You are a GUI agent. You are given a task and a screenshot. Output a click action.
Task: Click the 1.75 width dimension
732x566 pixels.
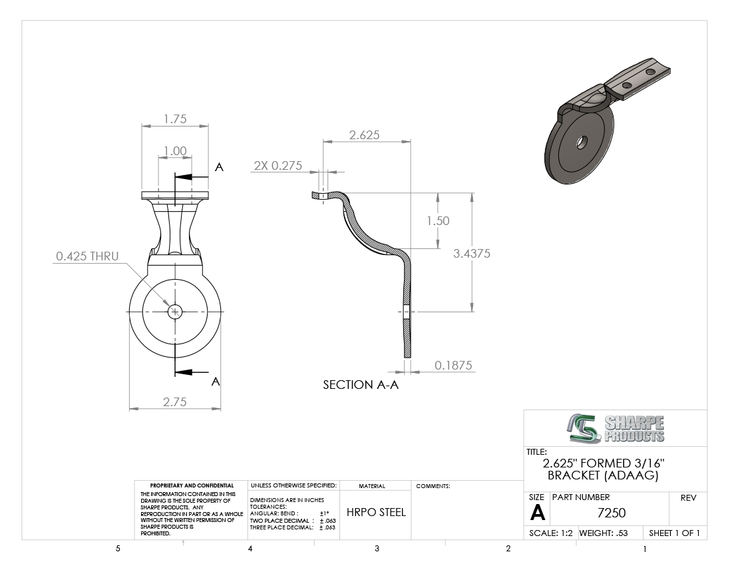pyautogui.click(x=175, y=119)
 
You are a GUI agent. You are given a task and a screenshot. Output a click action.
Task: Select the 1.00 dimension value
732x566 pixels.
pyautogui.click(x=175, y=151)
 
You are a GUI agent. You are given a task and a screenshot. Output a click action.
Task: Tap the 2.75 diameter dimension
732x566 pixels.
pyautogui.click(x=175, y=402)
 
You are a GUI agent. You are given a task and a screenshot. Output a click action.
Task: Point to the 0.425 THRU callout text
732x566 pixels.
pyautogui.click(x=87, y=256)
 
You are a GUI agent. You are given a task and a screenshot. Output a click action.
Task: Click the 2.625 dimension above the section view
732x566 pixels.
pyautogui.click(x=365, y=135)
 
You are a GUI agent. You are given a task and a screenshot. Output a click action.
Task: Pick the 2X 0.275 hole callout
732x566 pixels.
pyautogui.click(x=277, y=166)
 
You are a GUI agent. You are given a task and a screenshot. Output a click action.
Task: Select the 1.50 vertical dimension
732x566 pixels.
pyautogui.click(x=438, y=221)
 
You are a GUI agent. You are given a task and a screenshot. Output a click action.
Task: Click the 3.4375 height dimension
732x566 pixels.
pyautogui.click(x=472, y=254)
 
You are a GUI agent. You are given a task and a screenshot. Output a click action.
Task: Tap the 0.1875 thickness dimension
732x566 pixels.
pyautogui.click(x=453, y=365)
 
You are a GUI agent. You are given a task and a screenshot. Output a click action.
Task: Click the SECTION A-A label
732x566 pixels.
pyautogui.click(x=361, y=385)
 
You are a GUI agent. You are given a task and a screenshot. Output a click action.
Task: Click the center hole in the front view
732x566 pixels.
pyautogui.click(x=175, y=312)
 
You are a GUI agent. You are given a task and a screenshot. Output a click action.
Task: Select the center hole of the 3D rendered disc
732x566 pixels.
pyautogui.click(x=582, y=142)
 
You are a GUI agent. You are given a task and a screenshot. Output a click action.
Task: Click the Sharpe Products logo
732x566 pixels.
pyautogui.click(x=616, y=428)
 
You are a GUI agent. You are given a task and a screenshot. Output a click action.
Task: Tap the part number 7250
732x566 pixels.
pyautogui.click(x=612, y=513)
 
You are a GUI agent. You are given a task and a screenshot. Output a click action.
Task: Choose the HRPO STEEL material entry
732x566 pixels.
pyautogui.click(x=376, y=512)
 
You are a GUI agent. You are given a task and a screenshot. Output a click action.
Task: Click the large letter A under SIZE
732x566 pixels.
pyautogui.click(x=538, y=513)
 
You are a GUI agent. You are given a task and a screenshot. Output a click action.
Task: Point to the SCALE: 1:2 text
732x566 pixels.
pyautogui.click(x=551, y=533)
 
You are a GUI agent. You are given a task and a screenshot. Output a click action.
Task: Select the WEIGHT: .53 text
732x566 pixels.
pyautogui.click(x=604, y=533)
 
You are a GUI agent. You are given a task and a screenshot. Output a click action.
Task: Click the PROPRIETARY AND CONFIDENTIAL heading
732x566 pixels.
pyautogui.click(x=192, y=485)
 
